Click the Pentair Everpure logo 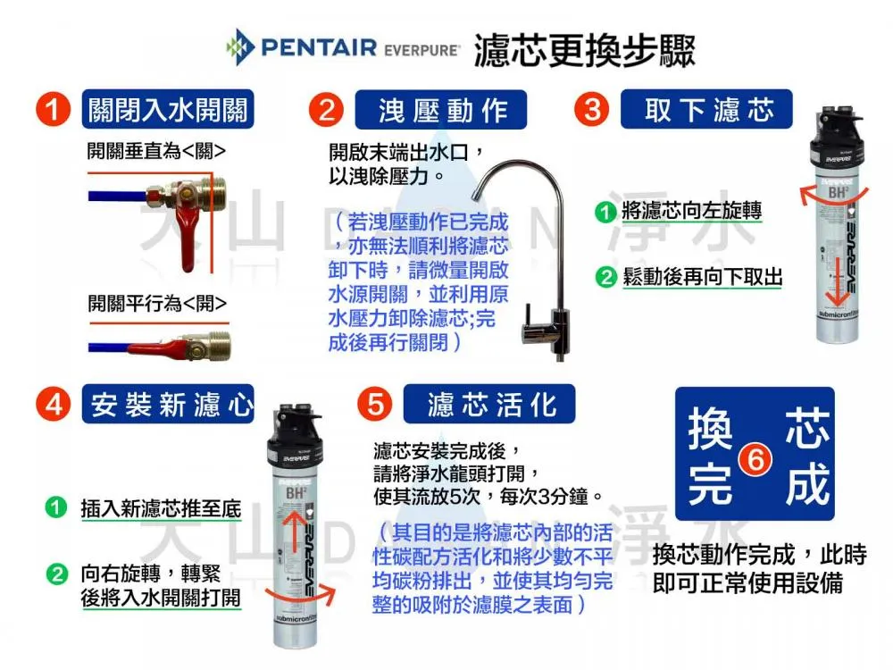pos(343,46)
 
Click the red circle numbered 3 pos(591,111)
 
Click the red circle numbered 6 pos(755,458)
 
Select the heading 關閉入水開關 pos(167,111)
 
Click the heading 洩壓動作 pos(442,111)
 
